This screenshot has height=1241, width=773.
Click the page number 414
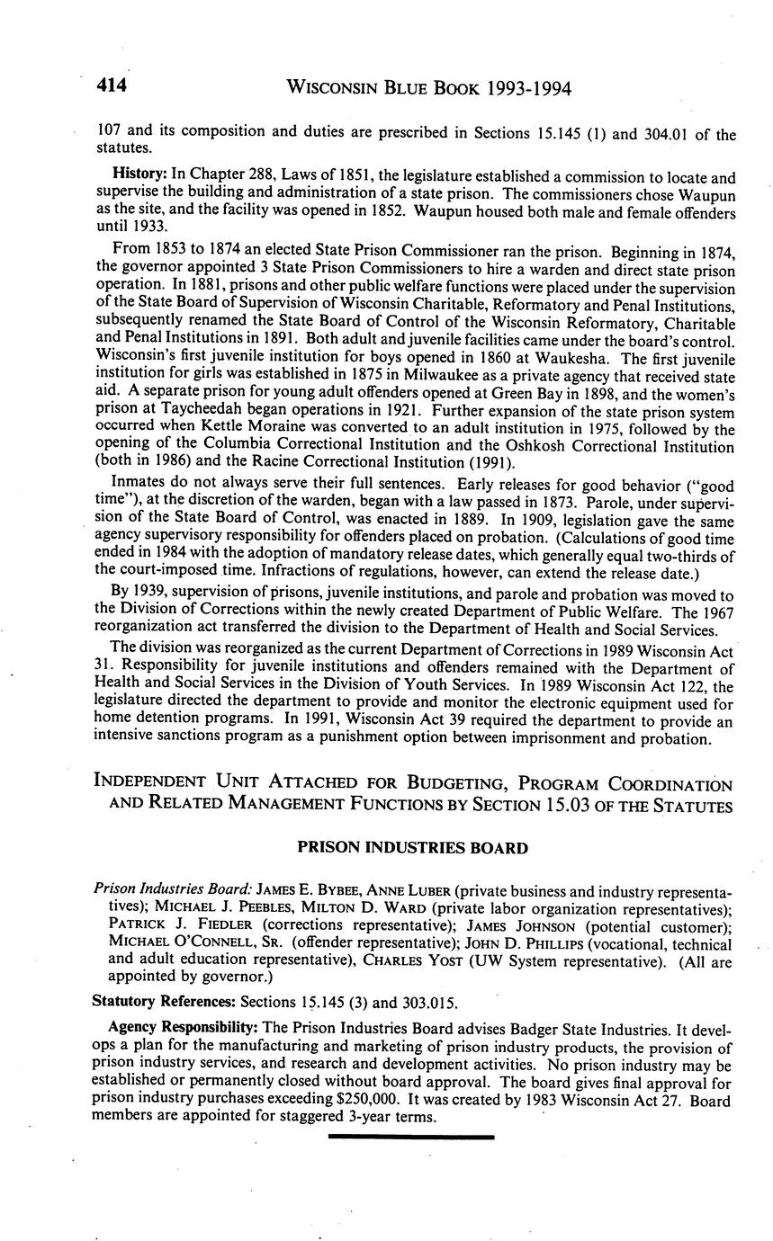[x=112, y=86]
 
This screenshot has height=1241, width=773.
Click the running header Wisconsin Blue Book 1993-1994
[x=428, y=88]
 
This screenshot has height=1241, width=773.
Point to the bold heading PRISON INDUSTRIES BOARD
[x=412, y=847]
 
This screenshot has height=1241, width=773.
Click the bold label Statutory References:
[x=163, y=1000]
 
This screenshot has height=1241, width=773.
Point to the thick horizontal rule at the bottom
[x=412, y=1137]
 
